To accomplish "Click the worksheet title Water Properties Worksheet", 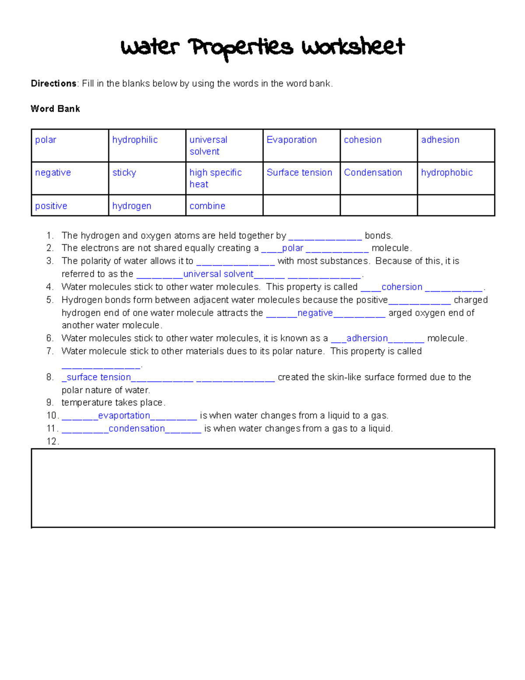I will click(262, 47).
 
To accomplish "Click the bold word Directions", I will click(53, 84).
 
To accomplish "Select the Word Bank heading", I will click(55, 109).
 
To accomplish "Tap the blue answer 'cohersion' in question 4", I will click(402, 287).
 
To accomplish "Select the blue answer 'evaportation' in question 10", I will click(124, 416).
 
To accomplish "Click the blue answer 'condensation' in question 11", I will click(136, 428).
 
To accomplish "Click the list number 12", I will click(52, 441).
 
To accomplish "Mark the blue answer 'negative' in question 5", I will click(315, 313).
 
